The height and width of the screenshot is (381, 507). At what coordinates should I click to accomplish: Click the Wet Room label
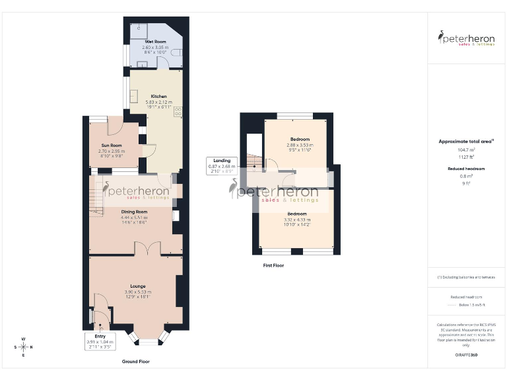(x=156, y=41)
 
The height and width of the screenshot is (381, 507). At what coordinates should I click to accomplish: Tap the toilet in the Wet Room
(x=180, y=51)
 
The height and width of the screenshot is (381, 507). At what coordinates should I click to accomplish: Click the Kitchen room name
(x=158, y=97)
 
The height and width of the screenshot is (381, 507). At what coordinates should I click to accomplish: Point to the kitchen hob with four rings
(x=178, y=112)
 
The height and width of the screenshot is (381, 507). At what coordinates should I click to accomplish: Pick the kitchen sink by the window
(x=134, y=97)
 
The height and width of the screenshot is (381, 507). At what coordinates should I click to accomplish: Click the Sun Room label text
(x=111, y=145)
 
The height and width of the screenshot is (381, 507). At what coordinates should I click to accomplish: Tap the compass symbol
(x=23, y=347)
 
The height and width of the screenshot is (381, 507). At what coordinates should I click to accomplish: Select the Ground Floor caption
(x=135, y=362)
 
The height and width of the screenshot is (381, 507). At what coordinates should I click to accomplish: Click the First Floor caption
(x=273, y=265)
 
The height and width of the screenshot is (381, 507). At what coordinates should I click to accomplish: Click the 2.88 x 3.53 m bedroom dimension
(x=297, y=145)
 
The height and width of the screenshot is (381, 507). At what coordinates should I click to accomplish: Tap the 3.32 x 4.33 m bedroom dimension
(x=296, y=220)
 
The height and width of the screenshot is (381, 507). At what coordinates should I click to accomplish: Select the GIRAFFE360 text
(x=466, y=355)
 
